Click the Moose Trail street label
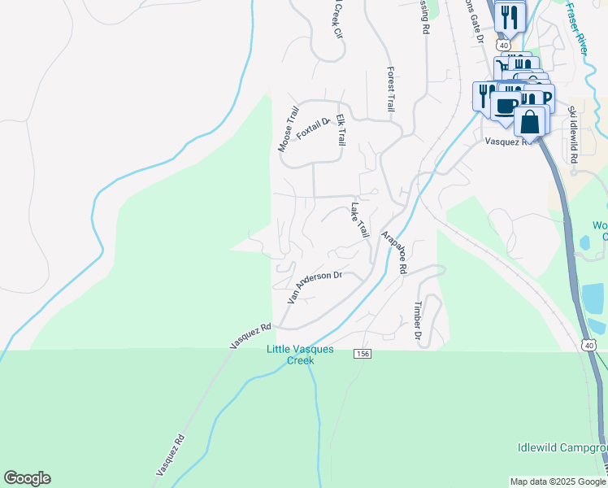289,128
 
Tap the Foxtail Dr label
314,129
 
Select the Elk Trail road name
341,129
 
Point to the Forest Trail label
391,89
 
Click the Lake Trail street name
359,221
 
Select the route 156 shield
363,354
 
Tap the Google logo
27,478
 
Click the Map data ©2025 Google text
557,481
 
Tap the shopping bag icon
530,121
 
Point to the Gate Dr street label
473,20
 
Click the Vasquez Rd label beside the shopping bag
507,141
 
